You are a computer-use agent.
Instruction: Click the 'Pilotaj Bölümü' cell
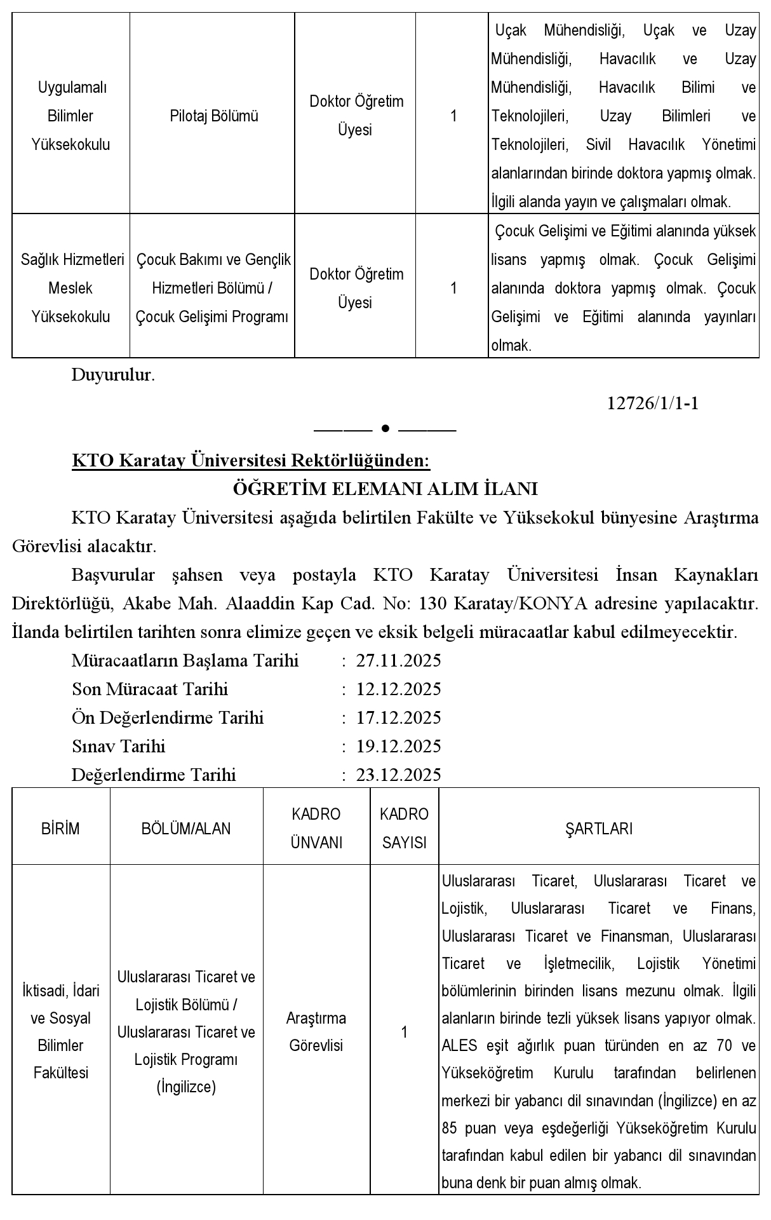[213, 116]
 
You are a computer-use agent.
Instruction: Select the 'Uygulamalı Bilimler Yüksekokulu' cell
[70, 116]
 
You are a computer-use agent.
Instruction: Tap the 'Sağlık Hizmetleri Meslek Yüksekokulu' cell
[71, 288]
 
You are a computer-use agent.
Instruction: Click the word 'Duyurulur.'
[113, 375]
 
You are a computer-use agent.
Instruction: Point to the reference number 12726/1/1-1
[653, 403]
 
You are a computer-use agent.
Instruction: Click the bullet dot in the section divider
[385, 429]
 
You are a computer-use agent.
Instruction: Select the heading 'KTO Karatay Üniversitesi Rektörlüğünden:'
[251, 460]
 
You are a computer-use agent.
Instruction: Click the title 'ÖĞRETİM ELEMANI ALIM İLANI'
[385, 489]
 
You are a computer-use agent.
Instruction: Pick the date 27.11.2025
[398, 661]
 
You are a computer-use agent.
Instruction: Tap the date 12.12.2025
[398, 689]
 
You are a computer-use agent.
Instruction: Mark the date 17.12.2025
[398, 718]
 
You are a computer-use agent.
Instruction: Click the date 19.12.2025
[398, 746]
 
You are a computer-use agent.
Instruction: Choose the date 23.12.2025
[398, 775]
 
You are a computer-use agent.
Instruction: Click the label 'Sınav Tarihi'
[119, 746]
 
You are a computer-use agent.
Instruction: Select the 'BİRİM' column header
[61, 829]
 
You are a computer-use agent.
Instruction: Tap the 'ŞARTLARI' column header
[598, 829]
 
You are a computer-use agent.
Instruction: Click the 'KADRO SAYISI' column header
[404, 829]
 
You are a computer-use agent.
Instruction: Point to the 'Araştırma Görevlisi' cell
[316, 1032]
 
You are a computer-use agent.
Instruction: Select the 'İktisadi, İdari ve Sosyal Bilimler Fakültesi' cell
[61, 1032]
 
